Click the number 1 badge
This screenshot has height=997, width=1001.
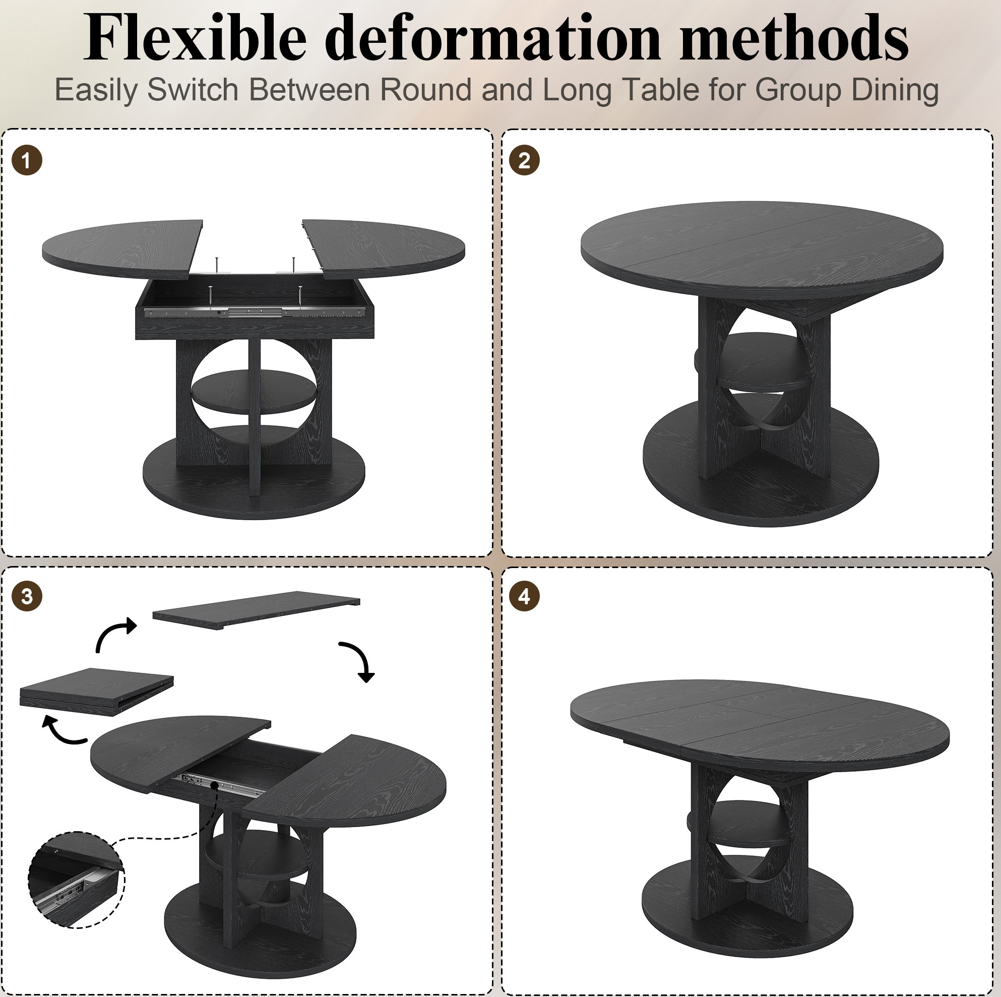point(26,161)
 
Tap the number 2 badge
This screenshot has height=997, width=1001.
point(524,161)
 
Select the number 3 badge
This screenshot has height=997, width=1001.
point(26,596)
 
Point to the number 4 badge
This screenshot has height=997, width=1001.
point(524,596)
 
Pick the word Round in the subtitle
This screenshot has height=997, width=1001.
point(425,89)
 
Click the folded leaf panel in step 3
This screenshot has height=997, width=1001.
point(97,692)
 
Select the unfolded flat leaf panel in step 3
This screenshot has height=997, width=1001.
point(257,610)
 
